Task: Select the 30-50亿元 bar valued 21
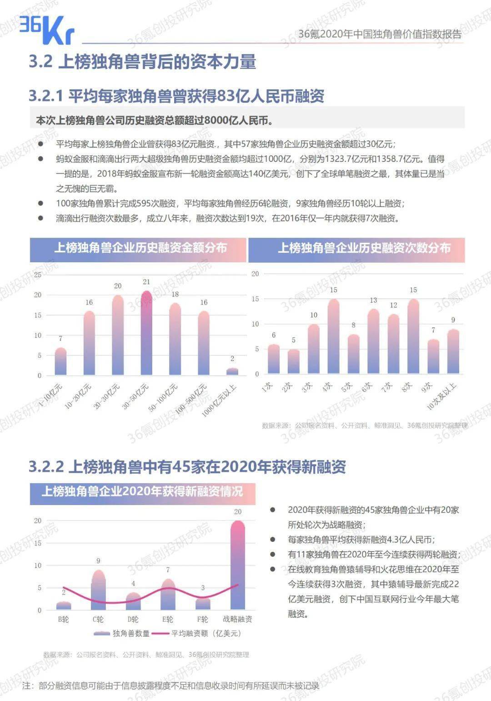pos(146,334)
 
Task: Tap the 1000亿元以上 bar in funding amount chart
pos(232,371)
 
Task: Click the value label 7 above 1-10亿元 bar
pos(60,339)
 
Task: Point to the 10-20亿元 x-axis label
pos(79,396)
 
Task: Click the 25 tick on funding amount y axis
pos(38,275)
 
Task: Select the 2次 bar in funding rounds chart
pos(294,362)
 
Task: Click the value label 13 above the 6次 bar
pos(373,300)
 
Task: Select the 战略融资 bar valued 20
pos(238,566)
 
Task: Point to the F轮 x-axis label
pos(203,619)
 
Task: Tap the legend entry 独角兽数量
pos(121,633)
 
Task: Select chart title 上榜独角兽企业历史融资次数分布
pos(364,248)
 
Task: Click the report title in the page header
pos(380,34)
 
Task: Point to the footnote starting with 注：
pos(170,686)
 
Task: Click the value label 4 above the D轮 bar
pos(133,584)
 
